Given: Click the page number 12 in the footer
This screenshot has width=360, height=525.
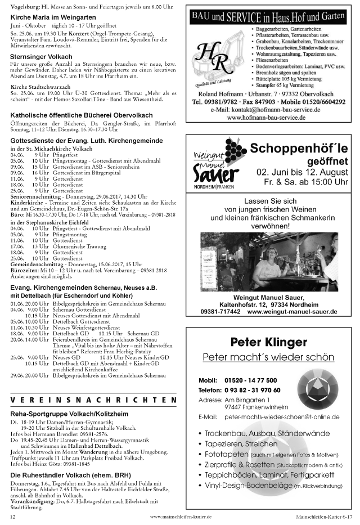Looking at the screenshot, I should pyautogui.click(x=12, y=516).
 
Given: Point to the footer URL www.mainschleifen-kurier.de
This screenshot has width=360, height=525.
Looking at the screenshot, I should pyautogui.click(x=181, y=516).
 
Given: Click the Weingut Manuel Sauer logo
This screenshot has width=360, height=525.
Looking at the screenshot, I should pyautogui.click(x=215, y=165).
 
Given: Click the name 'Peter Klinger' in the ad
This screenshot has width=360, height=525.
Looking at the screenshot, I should pyautogui.click(x=269, y=342).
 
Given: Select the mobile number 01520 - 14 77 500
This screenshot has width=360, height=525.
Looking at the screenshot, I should pyautogui.click(x=250, y=380).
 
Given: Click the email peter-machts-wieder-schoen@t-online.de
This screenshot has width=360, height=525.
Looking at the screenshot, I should pyautogui.click(x=281, y=417).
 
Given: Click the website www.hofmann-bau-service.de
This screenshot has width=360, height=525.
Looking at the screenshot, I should pyautogui.click(x=266, y=118).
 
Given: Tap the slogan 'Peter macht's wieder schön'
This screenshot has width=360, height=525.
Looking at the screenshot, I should pyautogui.click(x=268, y=357).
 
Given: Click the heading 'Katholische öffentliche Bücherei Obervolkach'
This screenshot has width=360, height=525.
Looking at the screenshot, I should pyautogui.click(x=82, y=115).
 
